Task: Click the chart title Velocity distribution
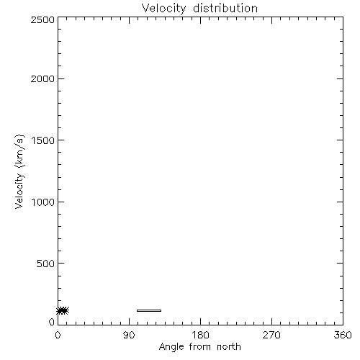199,9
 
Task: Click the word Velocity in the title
163,9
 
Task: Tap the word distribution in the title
225,8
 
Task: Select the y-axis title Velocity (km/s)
19,171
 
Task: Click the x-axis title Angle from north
199,347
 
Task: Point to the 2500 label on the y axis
42,19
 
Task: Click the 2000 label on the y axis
42,78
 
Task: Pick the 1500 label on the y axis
43,140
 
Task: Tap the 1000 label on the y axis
43,202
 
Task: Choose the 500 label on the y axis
45,264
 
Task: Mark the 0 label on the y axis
52,322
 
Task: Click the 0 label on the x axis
58,335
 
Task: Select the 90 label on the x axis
129,335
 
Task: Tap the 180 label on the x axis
200,335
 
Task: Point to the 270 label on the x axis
271,335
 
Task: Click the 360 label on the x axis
343,335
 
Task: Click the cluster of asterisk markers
63,310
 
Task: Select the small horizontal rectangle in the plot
149,310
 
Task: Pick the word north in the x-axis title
229,346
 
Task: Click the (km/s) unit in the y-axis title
19,151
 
